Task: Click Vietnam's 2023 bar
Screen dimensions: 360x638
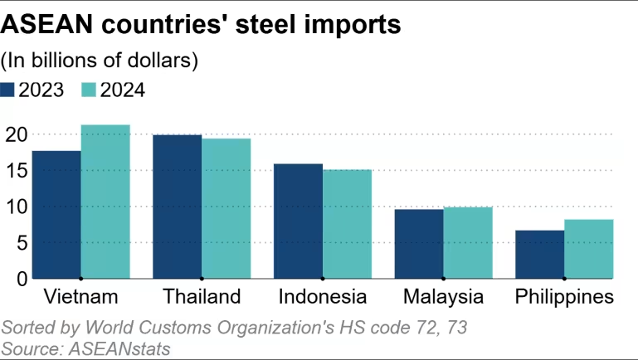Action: (x=56, y=215)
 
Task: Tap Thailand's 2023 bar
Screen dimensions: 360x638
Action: (x=177, y=207)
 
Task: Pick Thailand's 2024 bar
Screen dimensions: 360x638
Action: (x=226, y=208)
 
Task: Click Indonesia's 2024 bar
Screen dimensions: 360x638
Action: (x=347, y=224)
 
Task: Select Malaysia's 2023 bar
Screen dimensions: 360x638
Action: (x=419, y=244)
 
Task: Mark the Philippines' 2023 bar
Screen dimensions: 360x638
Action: (x=539, y=254)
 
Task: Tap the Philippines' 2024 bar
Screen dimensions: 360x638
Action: (x=589, y=249)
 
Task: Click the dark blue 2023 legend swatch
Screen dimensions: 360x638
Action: (x=9, y=90)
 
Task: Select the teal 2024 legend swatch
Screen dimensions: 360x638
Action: (x=89, y=90)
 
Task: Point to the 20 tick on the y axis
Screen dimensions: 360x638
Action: (x=16, y=134)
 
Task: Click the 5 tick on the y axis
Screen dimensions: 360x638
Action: (x=21, y=243)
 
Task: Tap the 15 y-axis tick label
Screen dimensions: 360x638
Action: (x=16, y=170)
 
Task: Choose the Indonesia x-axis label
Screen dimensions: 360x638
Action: (x=323, y=297)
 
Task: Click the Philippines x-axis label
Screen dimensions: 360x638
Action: (x=564, y=297)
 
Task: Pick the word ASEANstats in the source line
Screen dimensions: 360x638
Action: (x=115, y=348)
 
